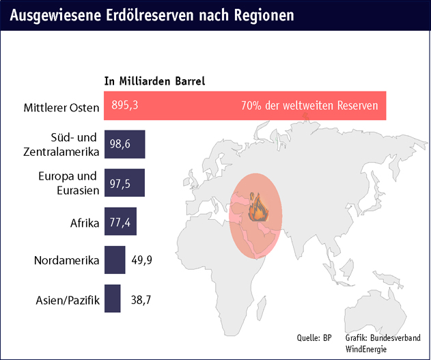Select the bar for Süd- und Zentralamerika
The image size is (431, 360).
click(x=125, y=145)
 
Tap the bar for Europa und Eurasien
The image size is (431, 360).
click(x=124, y=183)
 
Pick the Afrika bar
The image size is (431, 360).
click(x=120, y=222)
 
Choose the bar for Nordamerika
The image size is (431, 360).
click(x=115, y=260)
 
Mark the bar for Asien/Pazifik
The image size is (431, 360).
click(x=113, y=299)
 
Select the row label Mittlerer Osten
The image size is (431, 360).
click(x=60, y=107)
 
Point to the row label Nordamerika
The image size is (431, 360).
click(x=67, y=260)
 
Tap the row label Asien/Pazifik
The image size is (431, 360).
click(x=67, y=299)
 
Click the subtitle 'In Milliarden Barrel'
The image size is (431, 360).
click(x=154, y=81)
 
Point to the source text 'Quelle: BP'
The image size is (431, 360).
click(x=314, y=337)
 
